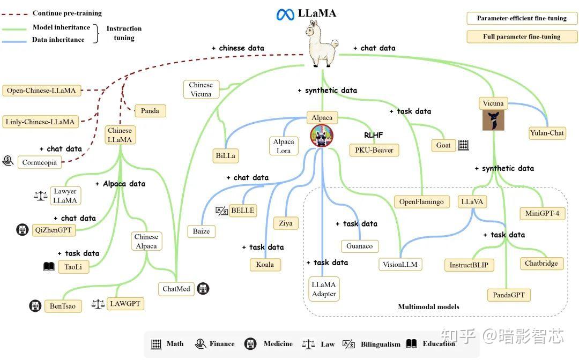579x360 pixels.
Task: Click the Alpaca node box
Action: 322,117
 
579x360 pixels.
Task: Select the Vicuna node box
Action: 493,103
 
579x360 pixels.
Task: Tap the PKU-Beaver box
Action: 374,150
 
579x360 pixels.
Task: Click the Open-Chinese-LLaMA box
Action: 41,91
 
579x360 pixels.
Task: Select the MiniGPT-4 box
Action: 542,213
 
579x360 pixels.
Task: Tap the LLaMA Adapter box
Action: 324,289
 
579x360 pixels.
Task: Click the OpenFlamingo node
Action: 421,201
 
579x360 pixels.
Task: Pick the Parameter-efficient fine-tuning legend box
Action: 522,18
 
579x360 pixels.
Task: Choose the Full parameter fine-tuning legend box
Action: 522,37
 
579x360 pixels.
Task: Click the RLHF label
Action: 374,136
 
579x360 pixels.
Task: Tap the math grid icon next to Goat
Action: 463,145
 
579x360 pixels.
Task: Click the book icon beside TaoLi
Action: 49,266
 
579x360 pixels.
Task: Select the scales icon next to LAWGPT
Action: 98,304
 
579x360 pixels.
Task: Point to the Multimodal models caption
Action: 428,307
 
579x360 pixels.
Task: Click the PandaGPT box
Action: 508,295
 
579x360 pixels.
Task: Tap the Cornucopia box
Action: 39,162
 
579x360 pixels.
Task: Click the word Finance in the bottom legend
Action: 221,343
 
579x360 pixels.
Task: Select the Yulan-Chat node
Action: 547,133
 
